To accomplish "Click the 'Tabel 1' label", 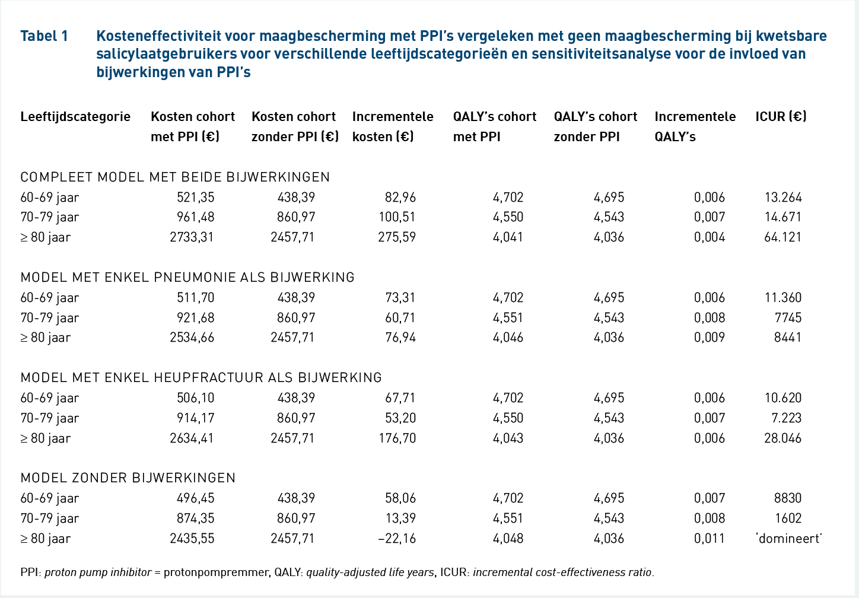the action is pyautogui.click(x=44, y=36).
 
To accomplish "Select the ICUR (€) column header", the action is pyautogui.click(x=781, y=116).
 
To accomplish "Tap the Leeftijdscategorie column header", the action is pyautogui.click(x=75, y=117).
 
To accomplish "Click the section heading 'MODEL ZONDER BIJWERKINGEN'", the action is pyautogui.click(x=128, y=478).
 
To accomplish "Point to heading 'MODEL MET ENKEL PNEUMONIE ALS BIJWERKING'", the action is pyautogui.click(x=187, y=277).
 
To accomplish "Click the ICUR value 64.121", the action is pyautogui.click(x=782, y=237).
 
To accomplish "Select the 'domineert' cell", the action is pyautogui.click(x=789, y=539).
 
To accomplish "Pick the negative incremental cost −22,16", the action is pyautogui.click(x=396, y=539).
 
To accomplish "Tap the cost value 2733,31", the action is pyautogui.click(x=192, y=237).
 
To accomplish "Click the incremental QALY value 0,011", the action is pyautogui.click(x=709, y=539).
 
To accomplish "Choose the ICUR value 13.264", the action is pyautogui.click(x=783, y=197).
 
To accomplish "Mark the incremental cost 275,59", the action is pyautogui.click(x=397, y=237).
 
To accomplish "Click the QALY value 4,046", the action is pyautogui.click(x=508, y=338).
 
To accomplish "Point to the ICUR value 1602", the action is pyautogui.click(x=788, y=519).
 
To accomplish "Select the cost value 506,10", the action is pyautogui.click(x=196, y=397).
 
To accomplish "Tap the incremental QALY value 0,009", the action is pyautogui.click(x=710, y=338).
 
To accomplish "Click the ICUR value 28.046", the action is pyautogui.click(x=782, y=438).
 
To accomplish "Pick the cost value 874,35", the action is pyautogui.click(x=196, y=519).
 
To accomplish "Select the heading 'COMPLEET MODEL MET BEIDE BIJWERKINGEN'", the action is pyautogui.click(x=175, y=177).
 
